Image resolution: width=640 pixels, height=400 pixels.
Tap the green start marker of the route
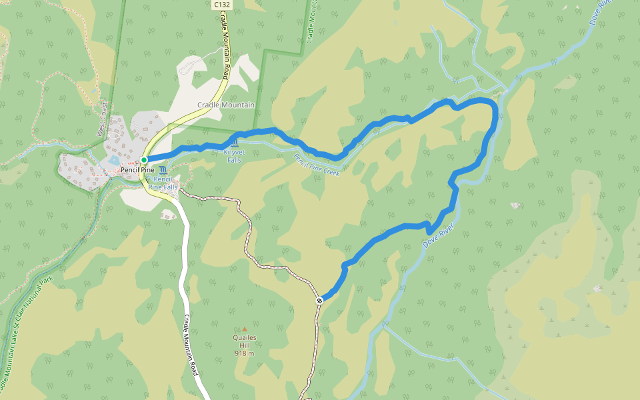144,160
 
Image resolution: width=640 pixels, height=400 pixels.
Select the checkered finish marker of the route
320,300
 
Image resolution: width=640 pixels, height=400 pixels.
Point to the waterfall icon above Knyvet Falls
234,144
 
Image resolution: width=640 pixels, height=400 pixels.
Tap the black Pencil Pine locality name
137,170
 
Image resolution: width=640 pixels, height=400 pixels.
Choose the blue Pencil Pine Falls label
163,183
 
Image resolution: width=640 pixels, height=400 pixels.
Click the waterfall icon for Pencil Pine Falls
163,170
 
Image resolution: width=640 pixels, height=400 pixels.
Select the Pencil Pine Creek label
317,164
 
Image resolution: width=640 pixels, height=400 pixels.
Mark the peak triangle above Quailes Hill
245,329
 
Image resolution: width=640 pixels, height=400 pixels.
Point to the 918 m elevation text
245,353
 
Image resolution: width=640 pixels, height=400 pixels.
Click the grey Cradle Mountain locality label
226,105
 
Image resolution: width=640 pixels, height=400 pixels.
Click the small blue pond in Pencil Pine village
114,161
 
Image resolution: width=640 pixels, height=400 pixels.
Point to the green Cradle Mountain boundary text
310,23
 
